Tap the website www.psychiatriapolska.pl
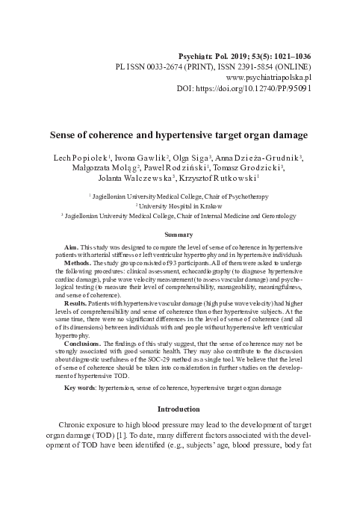[x=268, y=77]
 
